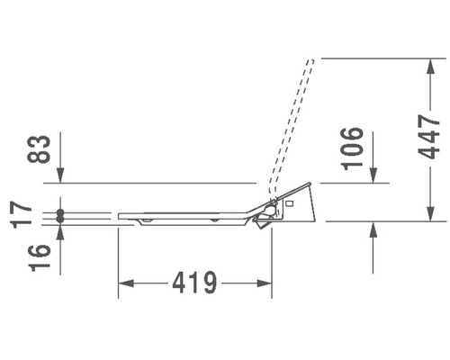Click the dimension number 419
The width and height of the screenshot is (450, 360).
tap(194, 283)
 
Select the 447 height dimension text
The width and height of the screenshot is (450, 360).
tap(429, 137)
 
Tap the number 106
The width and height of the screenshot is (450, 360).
tap(352, 148)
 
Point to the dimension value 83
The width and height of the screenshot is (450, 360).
tap(39, 149)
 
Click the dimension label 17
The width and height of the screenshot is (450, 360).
tap(21, 215)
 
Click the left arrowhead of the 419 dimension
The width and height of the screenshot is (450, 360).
tap(126, 283)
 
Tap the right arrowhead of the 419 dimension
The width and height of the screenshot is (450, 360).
tap(265, 283)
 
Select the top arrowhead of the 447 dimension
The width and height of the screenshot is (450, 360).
tap(430, 67)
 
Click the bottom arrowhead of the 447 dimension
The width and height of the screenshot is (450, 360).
tap(430, 213)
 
